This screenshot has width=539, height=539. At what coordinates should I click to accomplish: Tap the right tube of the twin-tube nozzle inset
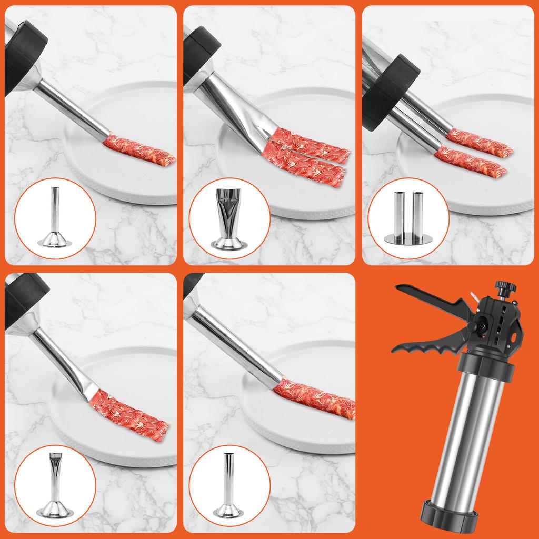[x=418, y=213]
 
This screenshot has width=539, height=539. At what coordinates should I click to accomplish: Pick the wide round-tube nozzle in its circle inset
[x=228, y=476]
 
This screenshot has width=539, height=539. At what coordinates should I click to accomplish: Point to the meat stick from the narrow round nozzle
[x=139, y=151]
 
